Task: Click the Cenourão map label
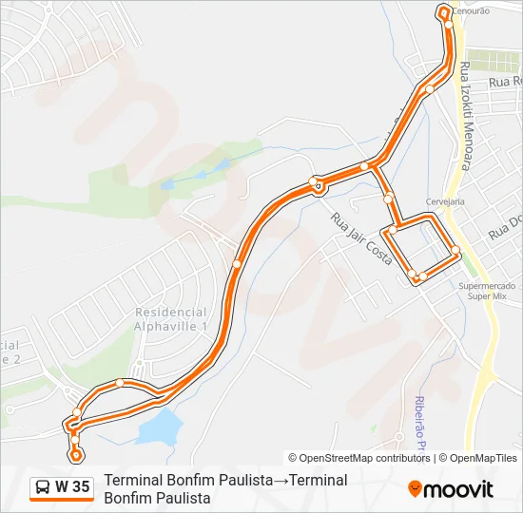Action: coord(471,10)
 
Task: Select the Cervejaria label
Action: coord(445,201)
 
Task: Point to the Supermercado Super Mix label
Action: coord(487,291)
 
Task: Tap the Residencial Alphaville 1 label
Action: coord(171,318)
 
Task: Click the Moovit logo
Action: coord(451,489)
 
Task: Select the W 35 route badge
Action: coord(62,487)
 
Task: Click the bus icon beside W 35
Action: coord(43,488)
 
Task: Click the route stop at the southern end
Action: coord(76,455)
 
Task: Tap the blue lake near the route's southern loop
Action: coord(160,427)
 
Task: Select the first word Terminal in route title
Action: coord(133,481)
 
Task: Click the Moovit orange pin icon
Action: coord(415,489)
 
